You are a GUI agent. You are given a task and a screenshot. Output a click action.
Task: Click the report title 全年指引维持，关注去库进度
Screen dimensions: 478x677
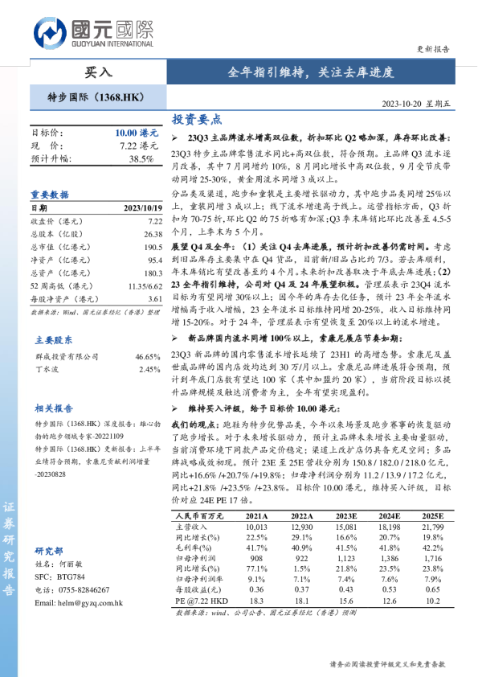click(x=313, y=72)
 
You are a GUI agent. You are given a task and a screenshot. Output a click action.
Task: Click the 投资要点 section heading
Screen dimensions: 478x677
click(x=197, y=120)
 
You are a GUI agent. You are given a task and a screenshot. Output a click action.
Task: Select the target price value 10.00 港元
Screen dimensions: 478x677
click(x=137, y=132)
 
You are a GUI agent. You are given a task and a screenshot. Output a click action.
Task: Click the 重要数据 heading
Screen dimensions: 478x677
click(x=50, y=195)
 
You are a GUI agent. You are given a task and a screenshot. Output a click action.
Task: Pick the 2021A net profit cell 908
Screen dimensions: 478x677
click(x=256, y=557)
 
